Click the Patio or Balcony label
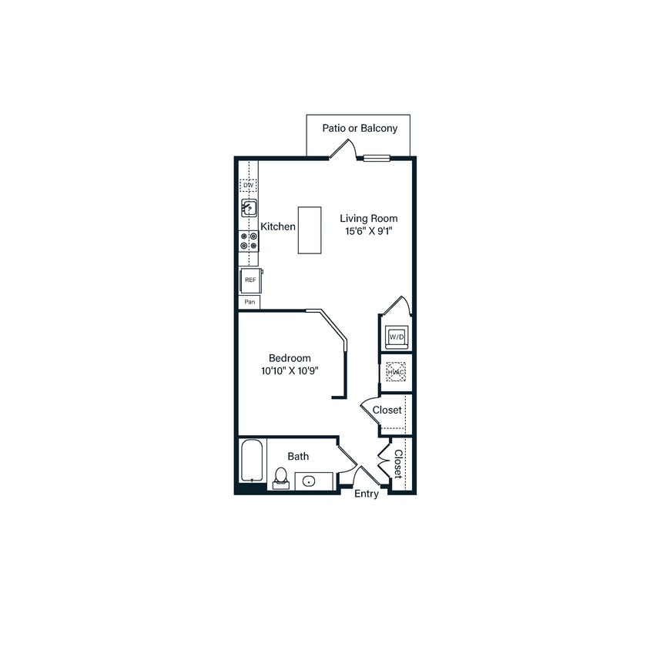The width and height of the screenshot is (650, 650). click(360, 128)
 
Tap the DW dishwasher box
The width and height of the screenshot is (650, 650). click(248, 186)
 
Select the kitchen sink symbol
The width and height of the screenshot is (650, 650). click(249, 207)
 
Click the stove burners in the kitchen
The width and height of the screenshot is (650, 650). click(249, 241)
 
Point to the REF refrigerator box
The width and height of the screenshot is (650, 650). click(250, 280)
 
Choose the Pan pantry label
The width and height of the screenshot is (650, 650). click(250, 302)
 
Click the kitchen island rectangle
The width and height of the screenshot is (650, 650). click(310, 230)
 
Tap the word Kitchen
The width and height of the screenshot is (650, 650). click(278, 226)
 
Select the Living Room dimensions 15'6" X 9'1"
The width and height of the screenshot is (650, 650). click(369, 231)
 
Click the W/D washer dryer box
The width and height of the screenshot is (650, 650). click(397, 337)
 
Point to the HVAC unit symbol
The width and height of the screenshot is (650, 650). click(396, 372)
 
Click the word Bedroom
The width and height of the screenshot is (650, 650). click(290, 358)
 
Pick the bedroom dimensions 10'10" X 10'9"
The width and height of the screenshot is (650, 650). click(290, 370)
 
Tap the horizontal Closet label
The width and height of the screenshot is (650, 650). click(387, 410)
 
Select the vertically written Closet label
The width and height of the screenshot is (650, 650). click(397, 464)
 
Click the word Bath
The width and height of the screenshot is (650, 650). click(298, 457)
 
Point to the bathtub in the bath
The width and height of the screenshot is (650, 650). click(252, 461)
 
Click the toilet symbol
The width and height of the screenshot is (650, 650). click(280, 478)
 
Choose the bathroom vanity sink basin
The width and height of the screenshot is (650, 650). click(309, 481)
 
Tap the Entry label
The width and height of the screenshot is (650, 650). click(367, 494)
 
